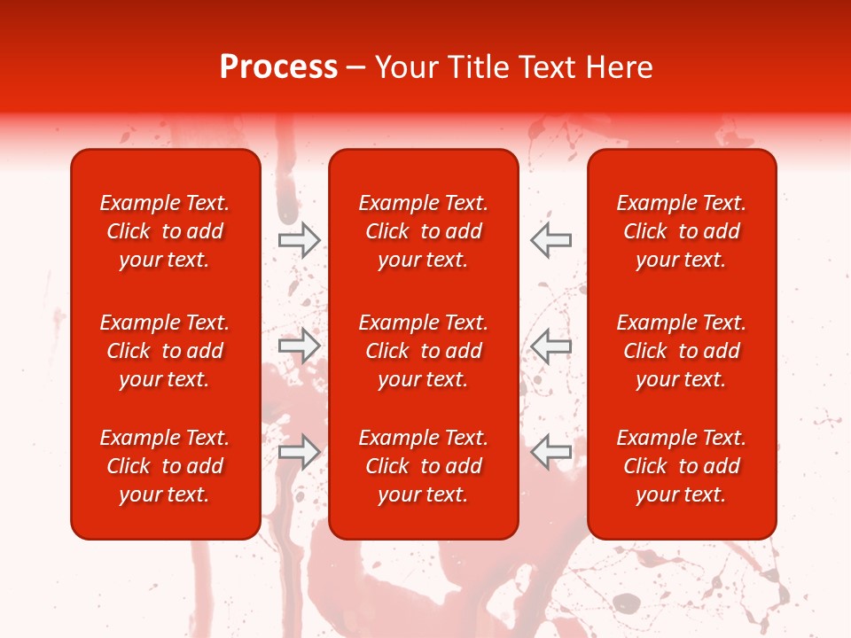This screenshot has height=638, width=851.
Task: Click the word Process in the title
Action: click(x=278, y=67)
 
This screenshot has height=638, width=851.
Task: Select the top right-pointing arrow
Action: click(x=299, y=239)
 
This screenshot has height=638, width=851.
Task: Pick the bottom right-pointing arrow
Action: click(x=299, y=451)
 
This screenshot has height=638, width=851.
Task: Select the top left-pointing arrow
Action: click(x=551, y=239)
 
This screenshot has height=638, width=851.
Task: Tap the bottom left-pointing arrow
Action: click(x=551, y=451)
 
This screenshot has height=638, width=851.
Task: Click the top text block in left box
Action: click(x=165, y=231)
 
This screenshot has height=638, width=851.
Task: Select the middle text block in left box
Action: click(x=165, y=351)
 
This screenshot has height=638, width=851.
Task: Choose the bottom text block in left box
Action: click(x=165, y=466)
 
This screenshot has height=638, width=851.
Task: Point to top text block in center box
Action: click(x=423, y=231)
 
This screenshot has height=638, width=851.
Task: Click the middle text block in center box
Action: click(x=423, y=351)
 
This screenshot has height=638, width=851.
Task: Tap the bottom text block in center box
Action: click(x=423, y=466)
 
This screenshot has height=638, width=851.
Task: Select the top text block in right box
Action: click(x=681, y=231)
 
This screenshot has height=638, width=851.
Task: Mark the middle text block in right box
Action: click(x=681, y=351)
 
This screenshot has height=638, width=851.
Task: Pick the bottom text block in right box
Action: click(x=681, y=466)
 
